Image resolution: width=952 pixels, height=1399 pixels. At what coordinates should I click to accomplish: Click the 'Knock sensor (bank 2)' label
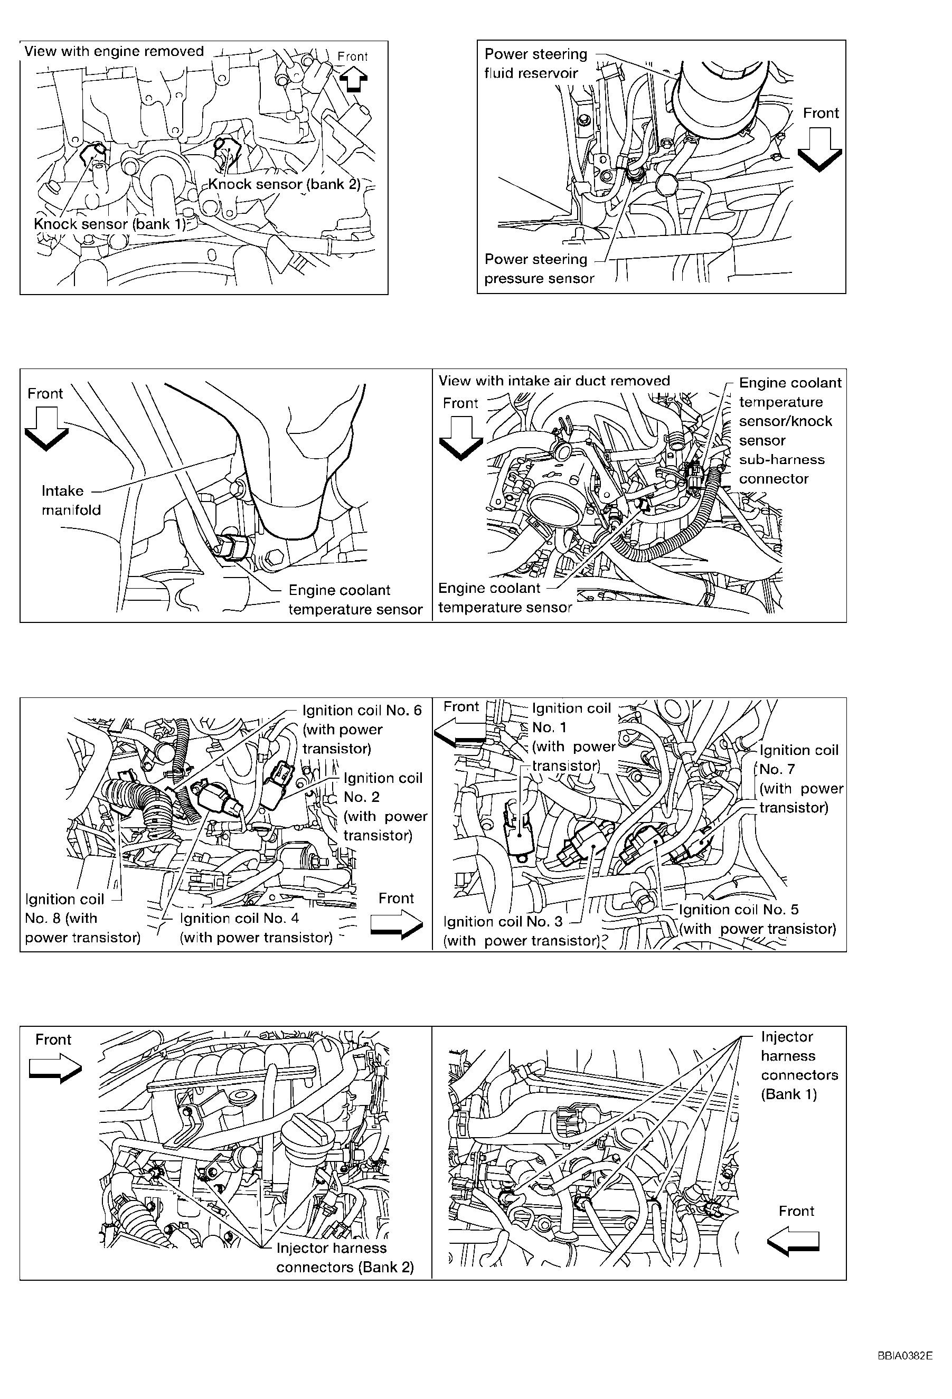(x=284, y=184)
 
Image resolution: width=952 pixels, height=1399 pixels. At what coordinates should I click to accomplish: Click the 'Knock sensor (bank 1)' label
(x=110, y=224)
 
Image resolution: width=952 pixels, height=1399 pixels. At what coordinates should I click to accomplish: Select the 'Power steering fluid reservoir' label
(x=536, y=63)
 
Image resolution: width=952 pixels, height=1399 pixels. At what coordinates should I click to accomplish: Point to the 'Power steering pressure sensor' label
(x=539, y=269)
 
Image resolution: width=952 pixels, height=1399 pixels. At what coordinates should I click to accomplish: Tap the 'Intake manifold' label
(x=71, y=500)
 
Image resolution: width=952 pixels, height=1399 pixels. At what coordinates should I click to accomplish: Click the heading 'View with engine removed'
(x=114, y=51)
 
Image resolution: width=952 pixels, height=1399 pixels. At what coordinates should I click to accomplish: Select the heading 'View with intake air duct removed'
(x=554, y=381)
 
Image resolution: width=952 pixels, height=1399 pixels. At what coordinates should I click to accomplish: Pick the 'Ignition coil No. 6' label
(x=362, y=729)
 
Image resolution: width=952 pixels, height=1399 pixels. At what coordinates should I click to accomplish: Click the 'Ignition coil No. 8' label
(x=82, y=918)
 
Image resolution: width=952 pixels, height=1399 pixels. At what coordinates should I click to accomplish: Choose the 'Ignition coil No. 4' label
(x=256, y=928)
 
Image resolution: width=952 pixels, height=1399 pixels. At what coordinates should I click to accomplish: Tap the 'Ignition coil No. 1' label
(x=573, y=737)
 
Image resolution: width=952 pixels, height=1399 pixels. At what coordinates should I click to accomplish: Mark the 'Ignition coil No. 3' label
(x=522, y=931)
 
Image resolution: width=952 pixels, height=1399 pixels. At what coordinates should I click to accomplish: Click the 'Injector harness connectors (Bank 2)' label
(x=345, y=1258)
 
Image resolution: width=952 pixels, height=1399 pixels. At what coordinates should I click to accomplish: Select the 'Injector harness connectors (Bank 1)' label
(x=799, y=1065)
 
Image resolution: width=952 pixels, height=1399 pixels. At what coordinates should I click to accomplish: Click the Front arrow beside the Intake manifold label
(x=46, y=429)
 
